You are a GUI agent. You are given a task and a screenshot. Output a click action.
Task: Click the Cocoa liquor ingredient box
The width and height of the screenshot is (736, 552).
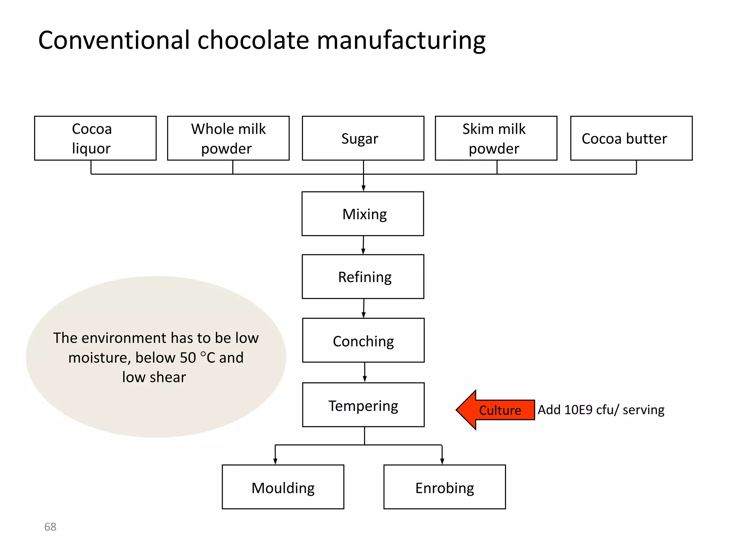(95, 138)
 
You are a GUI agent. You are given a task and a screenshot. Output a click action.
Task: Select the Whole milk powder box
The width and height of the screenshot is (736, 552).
(228, 138)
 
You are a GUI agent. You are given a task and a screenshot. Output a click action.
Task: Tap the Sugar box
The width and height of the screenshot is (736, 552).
(363, 138)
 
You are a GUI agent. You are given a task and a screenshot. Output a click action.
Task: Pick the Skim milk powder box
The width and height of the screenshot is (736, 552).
(496, 138)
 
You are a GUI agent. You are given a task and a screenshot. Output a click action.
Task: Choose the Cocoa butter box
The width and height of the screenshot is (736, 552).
(631, 138)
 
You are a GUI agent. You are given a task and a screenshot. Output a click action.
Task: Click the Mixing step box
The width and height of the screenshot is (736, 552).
(363, 214)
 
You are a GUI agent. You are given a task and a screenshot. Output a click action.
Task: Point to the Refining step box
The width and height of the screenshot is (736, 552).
(363, 277)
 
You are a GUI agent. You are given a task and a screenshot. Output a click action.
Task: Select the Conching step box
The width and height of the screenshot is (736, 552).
(363, 340)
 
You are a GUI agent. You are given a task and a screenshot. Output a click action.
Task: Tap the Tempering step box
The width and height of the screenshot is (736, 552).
(363, 405)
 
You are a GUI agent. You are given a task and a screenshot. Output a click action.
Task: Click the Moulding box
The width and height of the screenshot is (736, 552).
(283, 487)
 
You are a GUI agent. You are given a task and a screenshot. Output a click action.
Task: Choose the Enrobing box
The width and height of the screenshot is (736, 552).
(445, 487)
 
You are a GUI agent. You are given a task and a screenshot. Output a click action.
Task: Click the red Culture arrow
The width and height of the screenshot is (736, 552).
(496, 410)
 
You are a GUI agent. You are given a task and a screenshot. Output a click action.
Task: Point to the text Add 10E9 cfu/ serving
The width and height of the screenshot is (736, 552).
(601, 410)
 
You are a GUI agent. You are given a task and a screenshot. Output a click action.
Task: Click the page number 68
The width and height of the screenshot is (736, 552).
(50, 527)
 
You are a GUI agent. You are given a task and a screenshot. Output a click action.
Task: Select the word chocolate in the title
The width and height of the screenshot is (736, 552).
(253, 40)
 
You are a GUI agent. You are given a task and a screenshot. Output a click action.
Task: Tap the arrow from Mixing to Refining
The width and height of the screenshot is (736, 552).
(363, 245)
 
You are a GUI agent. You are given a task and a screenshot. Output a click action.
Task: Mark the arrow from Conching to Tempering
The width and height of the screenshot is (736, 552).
(364, 372)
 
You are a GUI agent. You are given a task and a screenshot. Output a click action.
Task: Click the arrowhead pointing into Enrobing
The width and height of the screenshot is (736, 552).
(442, 461)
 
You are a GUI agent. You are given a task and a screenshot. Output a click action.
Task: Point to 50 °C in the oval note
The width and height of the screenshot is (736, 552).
(197, 358)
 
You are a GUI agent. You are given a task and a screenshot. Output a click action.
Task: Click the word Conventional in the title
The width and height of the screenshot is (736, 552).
(114, 40)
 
